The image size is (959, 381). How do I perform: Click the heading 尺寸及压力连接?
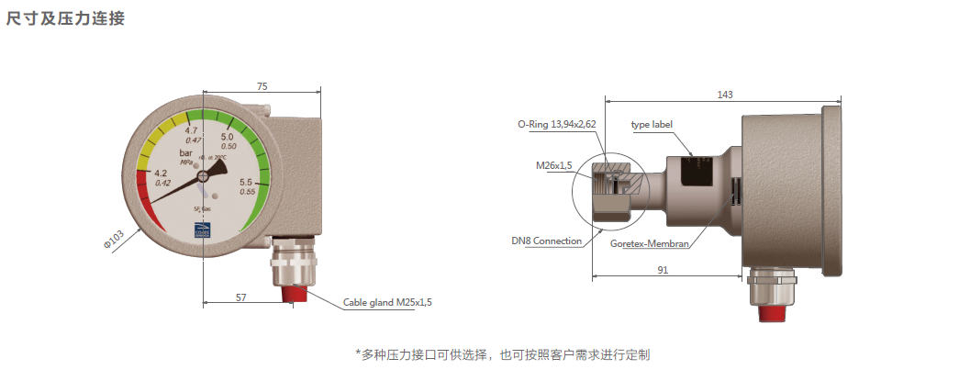point(65,18)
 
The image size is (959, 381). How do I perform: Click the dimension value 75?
point(262,85)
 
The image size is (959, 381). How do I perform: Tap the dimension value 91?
point(663,270)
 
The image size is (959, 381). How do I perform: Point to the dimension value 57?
point(241,297)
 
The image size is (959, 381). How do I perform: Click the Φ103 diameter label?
point(113,241)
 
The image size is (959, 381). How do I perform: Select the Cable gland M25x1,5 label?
point(387,301)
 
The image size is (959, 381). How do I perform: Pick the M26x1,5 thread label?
point(554,165)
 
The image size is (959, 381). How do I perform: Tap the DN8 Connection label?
point(547,241)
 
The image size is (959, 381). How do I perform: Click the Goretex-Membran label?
point(651,244)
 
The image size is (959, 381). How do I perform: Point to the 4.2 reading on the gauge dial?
point(161,174)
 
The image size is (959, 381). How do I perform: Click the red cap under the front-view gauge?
point(295,293)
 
